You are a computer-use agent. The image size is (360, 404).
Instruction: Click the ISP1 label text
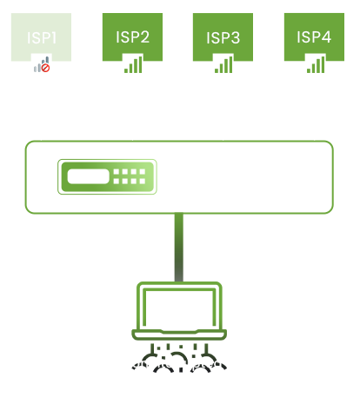[41, 37]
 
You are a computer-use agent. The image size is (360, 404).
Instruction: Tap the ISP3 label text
[223, 37]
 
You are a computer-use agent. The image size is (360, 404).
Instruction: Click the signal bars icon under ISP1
[38, 65]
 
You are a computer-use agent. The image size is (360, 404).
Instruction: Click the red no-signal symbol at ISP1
[45, 68]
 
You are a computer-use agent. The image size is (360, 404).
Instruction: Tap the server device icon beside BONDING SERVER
[111, 177]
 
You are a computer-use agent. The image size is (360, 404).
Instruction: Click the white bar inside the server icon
[90, 177]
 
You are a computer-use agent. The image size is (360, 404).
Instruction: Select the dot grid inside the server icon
[130, 177]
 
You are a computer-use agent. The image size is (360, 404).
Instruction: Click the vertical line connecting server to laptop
[178, 248]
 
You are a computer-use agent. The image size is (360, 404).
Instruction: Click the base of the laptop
[178, 334]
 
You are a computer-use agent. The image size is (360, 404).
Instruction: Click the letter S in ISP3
[222, 37]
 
